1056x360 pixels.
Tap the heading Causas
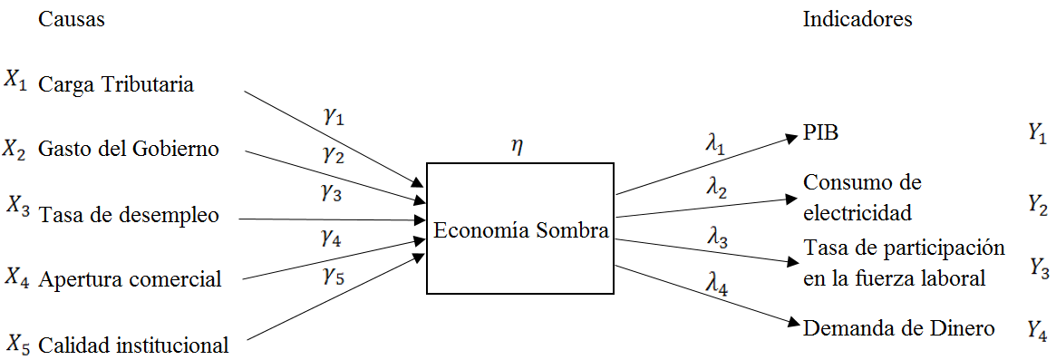[x=71, y=19]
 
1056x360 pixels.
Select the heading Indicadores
[x=857, y=19]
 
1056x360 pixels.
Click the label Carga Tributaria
[x=115, y=84]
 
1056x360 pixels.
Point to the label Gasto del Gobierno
[x=128, y=149]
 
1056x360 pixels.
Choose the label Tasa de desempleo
[x=128, y=216]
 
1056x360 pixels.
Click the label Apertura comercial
[x=130, y=279]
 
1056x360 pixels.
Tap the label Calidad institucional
[x=133, y=345]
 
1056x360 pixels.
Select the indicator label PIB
[x=821, y=134]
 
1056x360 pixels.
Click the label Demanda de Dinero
[x=899, y=328]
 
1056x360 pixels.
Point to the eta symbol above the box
[x=517, y=148]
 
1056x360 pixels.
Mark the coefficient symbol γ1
[x=334, y=116]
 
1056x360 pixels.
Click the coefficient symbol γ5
[x=334, y=277]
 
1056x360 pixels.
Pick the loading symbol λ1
[x=717, y=141]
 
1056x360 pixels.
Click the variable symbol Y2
[x=1038, y=206]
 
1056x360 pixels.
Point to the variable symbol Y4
[x=1038, y=329]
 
